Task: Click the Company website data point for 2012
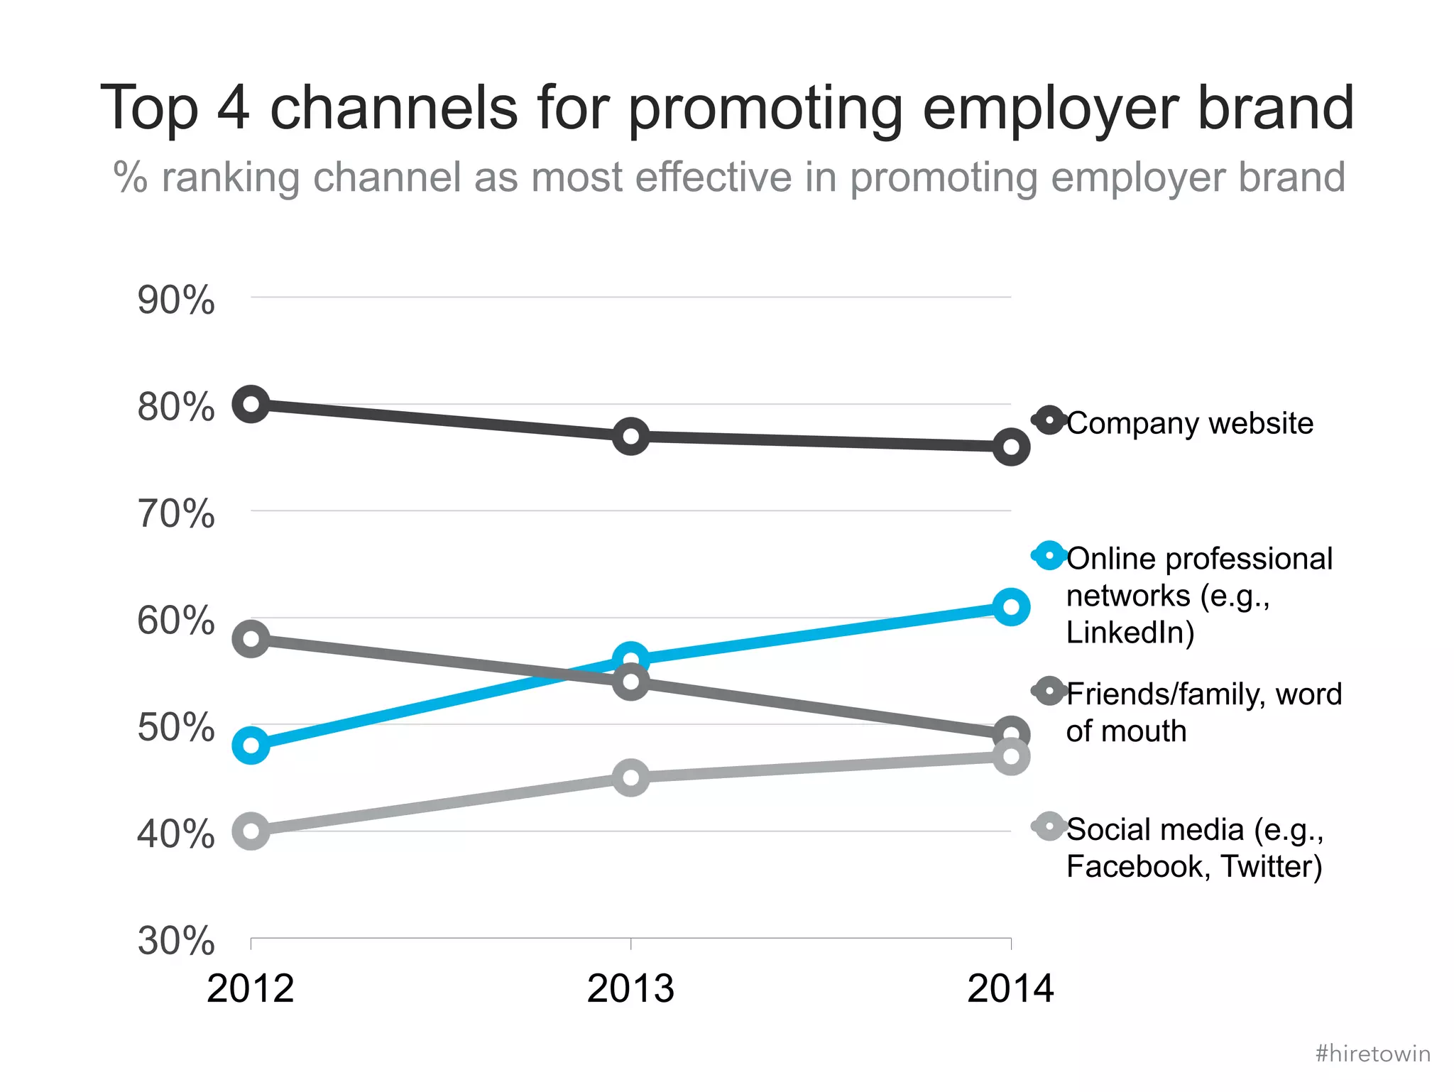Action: (251, 404)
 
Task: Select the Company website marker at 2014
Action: (1011, 447)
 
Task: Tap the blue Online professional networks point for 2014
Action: (1011, 607)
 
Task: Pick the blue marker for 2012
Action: (251, 746)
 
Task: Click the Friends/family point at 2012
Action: (251, 638)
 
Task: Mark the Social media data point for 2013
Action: (630, 777)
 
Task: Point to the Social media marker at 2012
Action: (251, 831)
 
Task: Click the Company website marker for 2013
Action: (630, 436)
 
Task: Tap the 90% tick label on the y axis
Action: (175, 300)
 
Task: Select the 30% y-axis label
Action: (175, 941)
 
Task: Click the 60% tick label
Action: (175, 621)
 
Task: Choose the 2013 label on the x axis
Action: (630, 989)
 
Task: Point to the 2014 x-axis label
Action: (1010, 989)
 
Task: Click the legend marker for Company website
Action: (1049, 420)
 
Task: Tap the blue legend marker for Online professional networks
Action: (1049, 555)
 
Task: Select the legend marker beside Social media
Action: (1049, 826)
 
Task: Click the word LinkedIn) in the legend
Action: (1130, 633)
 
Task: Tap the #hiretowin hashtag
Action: (1372, 1054)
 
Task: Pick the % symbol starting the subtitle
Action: (130, 177)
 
